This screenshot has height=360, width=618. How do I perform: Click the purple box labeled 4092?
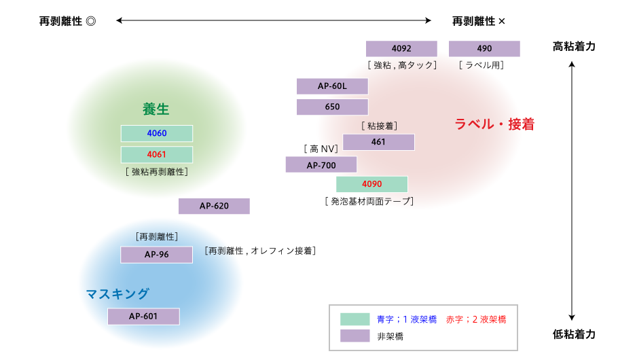(x=401, y=48)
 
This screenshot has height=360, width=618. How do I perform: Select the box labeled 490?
(x=484, y=48)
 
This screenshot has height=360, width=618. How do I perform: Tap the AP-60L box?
(x=332, y=86)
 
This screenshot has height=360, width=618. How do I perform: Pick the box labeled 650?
(x=332, y=107)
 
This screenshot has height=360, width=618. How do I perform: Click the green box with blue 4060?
(x=157, y=133)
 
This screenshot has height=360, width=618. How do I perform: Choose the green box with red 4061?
(x=157, y=155)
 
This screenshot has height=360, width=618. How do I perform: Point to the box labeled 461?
(x=378, y=142)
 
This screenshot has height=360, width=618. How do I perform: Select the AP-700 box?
(x=321, y=165)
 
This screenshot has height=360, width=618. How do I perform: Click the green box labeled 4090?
(x=371, y=184)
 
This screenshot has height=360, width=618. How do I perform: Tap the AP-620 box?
(x=214, y=206)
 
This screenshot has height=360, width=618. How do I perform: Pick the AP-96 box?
(x=156, y=255)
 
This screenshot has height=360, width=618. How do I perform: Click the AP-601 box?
(x=143, y=317)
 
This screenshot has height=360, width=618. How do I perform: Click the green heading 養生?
(x=156, y=109)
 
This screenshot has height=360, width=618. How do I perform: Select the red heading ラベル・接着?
(x=494, y=124)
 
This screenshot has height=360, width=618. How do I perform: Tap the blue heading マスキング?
(x=117, y=293)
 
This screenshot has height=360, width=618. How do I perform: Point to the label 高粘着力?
(x=574, y=46)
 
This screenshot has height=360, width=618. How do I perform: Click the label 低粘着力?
(x=574, y=334)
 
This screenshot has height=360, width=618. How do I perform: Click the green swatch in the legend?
(x=355, y=319)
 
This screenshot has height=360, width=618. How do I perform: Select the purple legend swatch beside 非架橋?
(x=355, y=336)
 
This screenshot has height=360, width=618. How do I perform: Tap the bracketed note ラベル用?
(x=481, y=65)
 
